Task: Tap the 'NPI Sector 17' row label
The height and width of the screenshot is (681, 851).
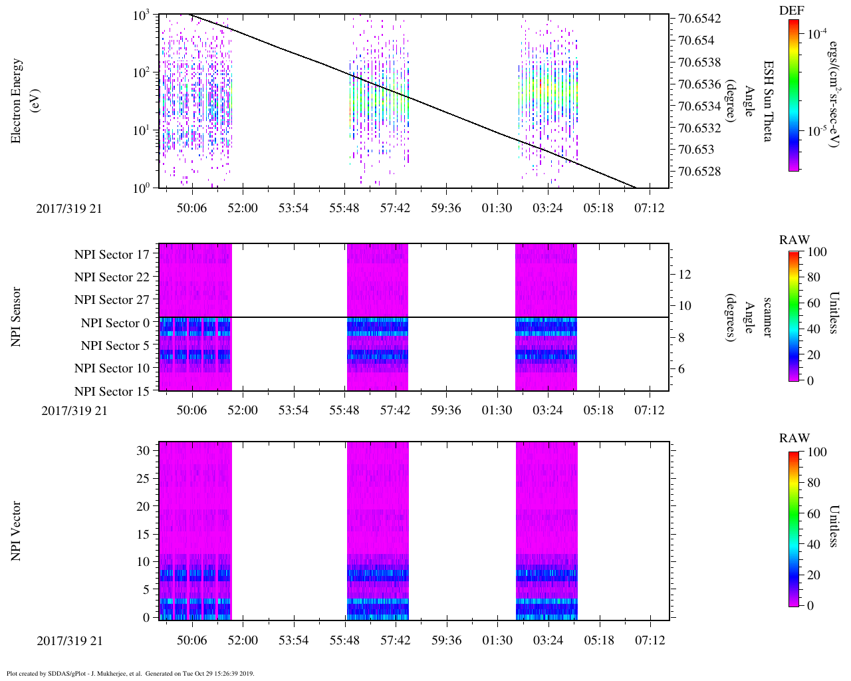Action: (112, 255)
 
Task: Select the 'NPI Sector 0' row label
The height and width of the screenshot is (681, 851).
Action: (115, 323)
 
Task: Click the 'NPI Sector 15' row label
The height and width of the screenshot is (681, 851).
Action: (112, 392)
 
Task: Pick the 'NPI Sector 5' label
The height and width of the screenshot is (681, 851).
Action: (115, 346)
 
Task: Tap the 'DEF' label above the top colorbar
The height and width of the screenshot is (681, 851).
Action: (791, 11)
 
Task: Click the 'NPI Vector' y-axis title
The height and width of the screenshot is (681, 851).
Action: (16, 531)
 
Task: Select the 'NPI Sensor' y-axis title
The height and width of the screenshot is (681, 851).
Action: (16, 317)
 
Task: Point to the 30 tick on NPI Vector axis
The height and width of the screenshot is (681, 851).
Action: (142, 450)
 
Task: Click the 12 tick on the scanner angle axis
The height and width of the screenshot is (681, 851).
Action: (684, 274)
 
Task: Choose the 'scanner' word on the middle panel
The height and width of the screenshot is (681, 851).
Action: (767, 317)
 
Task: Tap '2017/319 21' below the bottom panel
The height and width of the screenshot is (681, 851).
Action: (70, 641)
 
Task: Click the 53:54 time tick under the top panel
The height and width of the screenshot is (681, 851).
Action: (293, 208)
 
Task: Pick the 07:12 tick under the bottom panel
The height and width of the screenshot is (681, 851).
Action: (650, 640)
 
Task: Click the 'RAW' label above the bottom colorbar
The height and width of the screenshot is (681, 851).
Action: (794, 438)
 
